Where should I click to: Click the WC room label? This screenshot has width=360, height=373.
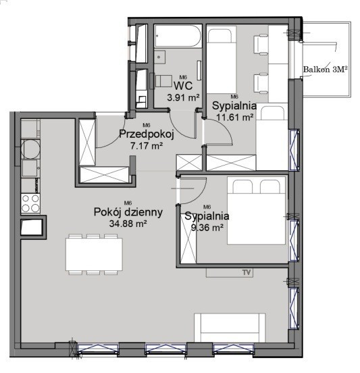[x=183, y=86]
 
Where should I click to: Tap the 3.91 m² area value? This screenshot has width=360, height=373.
[x=183, y=97]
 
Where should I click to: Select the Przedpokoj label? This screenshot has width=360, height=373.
[x=147, y=134]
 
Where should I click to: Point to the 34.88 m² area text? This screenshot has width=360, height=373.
[x=128, y=224]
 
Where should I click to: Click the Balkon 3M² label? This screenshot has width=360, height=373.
[x=326, y=69]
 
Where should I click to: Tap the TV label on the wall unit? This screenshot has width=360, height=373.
[x=247, y=272]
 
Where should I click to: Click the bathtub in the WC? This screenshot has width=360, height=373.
[x=178, y=36]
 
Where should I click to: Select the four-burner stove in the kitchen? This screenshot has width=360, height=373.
[x=30, y=203]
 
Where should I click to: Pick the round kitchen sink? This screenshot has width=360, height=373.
[x=30, y=149]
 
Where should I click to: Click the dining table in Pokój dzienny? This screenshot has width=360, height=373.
[x=94, y=254]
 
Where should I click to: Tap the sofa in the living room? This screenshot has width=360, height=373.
[x=230, y=328]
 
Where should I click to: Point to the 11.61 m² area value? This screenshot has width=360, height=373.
[x=234, y=117]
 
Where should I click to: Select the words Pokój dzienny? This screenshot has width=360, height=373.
[x=128, y=212]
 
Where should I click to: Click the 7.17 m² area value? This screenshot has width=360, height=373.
[x=147, y=145]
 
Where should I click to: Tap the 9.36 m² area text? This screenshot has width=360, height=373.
[x=207, y=228]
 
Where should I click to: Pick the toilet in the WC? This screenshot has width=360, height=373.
[x=161, y=81]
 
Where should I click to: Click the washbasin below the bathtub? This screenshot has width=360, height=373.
[x=159, y=57]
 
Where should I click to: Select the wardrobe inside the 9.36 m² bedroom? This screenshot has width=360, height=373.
[x=188, y=239]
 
